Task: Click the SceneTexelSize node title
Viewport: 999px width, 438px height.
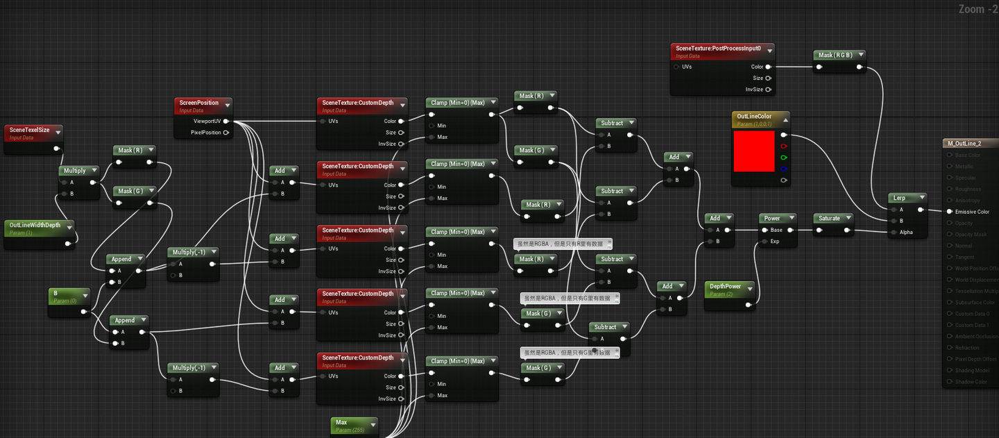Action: [30, 130]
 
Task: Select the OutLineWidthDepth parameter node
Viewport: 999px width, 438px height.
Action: [35, 225]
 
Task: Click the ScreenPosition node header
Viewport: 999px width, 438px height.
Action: [199, 103]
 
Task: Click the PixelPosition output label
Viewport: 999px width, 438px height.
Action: [205, 133]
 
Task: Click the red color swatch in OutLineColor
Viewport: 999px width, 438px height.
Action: [753, 151]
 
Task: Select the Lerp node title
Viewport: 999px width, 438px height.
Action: [899, 198]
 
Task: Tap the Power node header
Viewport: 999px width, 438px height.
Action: [772, 218]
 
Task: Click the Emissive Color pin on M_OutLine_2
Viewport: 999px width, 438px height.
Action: [949, 212]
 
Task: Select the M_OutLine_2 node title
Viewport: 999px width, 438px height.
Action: [964, 144]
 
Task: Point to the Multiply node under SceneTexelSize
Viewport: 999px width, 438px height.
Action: [75, 170]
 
